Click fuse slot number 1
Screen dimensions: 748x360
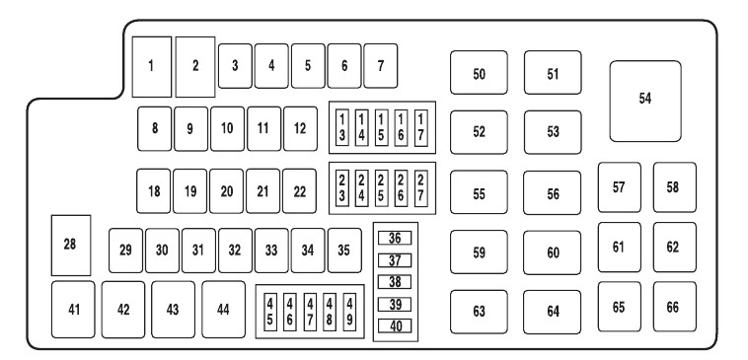152,67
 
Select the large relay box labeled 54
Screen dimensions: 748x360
645,101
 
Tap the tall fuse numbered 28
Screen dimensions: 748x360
71,245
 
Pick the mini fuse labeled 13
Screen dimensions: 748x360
342,128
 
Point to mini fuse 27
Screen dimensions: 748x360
420,188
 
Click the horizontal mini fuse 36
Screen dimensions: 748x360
395,238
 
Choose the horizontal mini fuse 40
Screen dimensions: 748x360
395,325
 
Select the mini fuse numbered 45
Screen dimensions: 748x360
270,312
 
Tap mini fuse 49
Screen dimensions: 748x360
349,312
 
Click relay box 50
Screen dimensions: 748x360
479,72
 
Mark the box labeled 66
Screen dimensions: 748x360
675,307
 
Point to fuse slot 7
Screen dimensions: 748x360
381,66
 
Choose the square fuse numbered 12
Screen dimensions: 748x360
300,129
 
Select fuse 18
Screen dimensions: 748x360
154,190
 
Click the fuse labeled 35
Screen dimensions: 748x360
344,251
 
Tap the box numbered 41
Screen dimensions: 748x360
73,310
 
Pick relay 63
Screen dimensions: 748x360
479,312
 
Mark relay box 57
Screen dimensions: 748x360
620,187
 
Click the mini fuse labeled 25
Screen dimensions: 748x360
381,188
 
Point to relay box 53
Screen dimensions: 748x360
553,132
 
